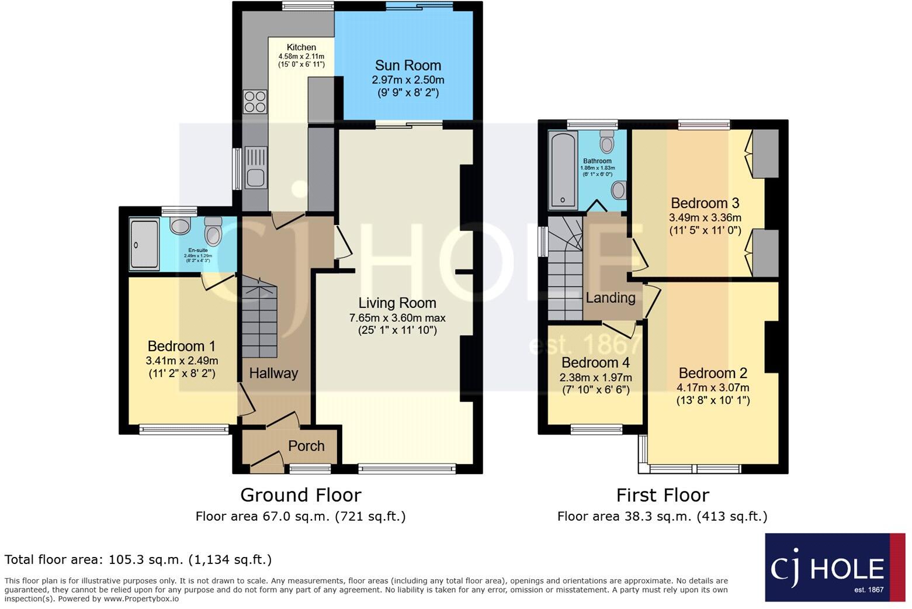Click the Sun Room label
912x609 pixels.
[x=408, y=65]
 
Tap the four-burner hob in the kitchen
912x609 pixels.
[x=255, y=102]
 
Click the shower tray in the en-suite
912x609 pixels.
[x=144, y=244]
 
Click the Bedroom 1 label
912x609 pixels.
[x=176, y=345]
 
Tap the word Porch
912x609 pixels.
[x=306, y=446]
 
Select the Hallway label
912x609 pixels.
[x=273, y=373]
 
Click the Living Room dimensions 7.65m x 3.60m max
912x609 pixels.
[x=397, y=318]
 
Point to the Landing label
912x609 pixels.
[x=611, y=297]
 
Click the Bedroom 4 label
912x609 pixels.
[x=595, y=362]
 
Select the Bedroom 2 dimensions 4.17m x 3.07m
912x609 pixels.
[x=713, y=387]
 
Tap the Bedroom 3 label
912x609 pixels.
[x=705, y=203]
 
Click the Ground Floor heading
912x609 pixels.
[x=301, y=495]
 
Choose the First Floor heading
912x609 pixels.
[x=663, y=495]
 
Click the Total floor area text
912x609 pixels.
[x=138, y=559]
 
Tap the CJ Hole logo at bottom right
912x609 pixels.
[x=834, y=568]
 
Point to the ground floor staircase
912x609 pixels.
[x=259, y=319]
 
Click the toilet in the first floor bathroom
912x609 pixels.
[x=607, y=141]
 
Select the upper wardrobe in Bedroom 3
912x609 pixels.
[x=765, y=153]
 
